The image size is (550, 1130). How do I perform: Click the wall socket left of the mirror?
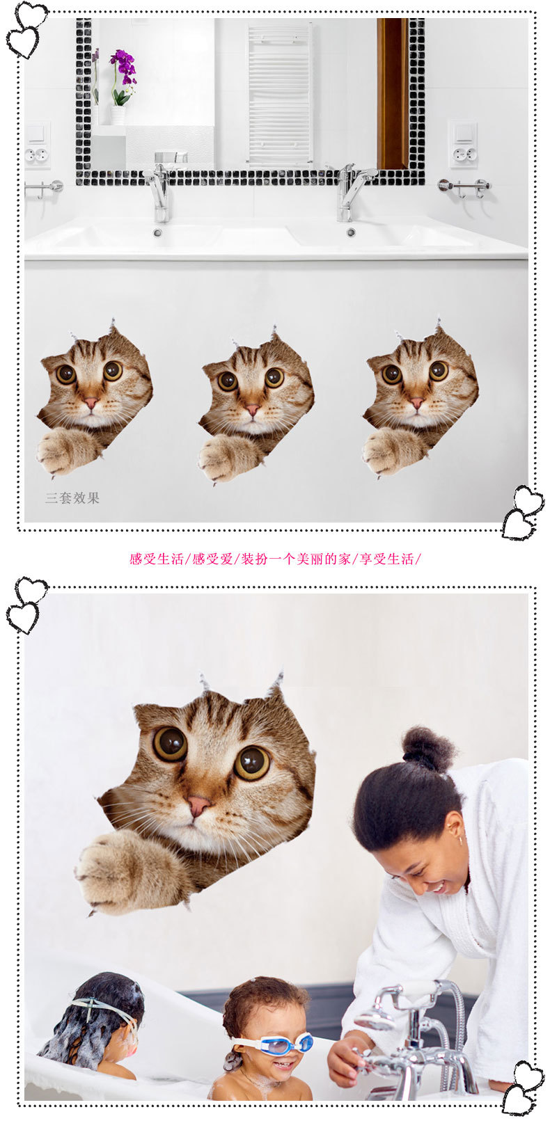pyautogui.click(x=38, y=145)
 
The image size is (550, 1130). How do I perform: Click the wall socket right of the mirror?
pyautogui.click(x=463, y=144)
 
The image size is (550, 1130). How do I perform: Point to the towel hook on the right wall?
pyautogui.click(x=464, y=186)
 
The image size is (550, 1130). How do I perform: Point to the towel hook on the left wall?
pyautogui.click(x=44, y=187)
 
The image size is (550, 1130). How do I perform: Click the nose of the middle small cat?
pyautogui.click(x=252, y=410)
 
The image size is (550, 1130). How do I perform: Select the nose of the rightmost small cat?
pyautogui.click(x=416, y=402)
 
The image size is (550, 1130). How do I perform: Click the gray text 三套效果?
pyautogui.click(x=72, y=498)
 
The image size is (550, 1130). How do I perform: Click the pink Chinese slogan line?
pyautogui.click(x=275, y=559)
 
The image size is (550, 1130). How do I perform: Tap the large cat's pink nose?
pyautogui.click(x=198, y=805)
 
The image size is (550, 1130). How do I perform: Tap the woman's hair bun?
pyautogui.click(x=427, y=749)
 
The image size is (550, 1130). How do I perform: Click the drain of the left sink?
pyautogui.click(x=157, y=232)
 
